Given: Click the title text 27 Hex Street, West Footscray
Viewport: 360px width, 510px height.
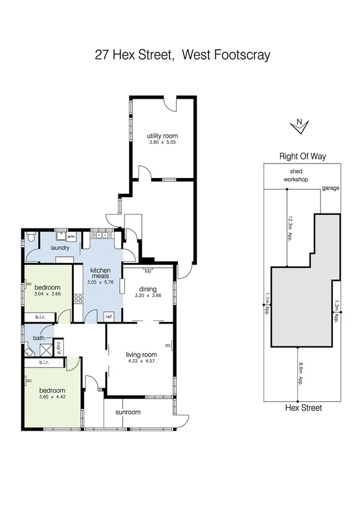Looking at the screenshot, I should (x=183, y=55).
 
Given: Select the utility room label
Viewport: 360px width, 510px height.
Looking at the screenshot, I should (x=163, y=136).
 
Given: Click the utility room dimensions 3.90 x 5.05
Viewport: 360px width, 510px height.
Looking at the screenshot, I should (x=163, y=143).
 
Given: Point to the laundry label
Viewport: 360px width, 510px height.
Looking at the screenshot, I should (x=60, y=248).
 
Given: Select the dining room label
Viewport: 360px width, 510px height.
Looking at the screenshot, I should (x=148, y=289).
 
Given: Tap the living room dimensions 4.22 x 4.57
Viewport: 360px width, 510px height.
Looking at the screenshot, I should (x=141, y=361).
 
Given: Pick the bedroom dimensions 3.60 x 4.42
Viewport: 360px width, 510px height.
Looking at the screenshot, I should (x=51, y=397).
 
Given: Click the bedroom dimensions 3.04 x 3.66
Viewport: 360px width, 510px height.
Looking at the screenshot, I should (x=47, y=295).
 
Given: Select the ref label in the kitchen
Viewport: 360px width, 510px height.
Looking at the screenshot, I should (x=108, y=316).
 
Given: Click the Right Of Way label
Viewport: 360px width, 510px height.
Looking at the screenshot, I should (x=302, y=156).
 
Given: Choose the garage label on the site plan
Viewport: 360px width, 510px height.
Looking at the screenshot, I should (x=330, y=188).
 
